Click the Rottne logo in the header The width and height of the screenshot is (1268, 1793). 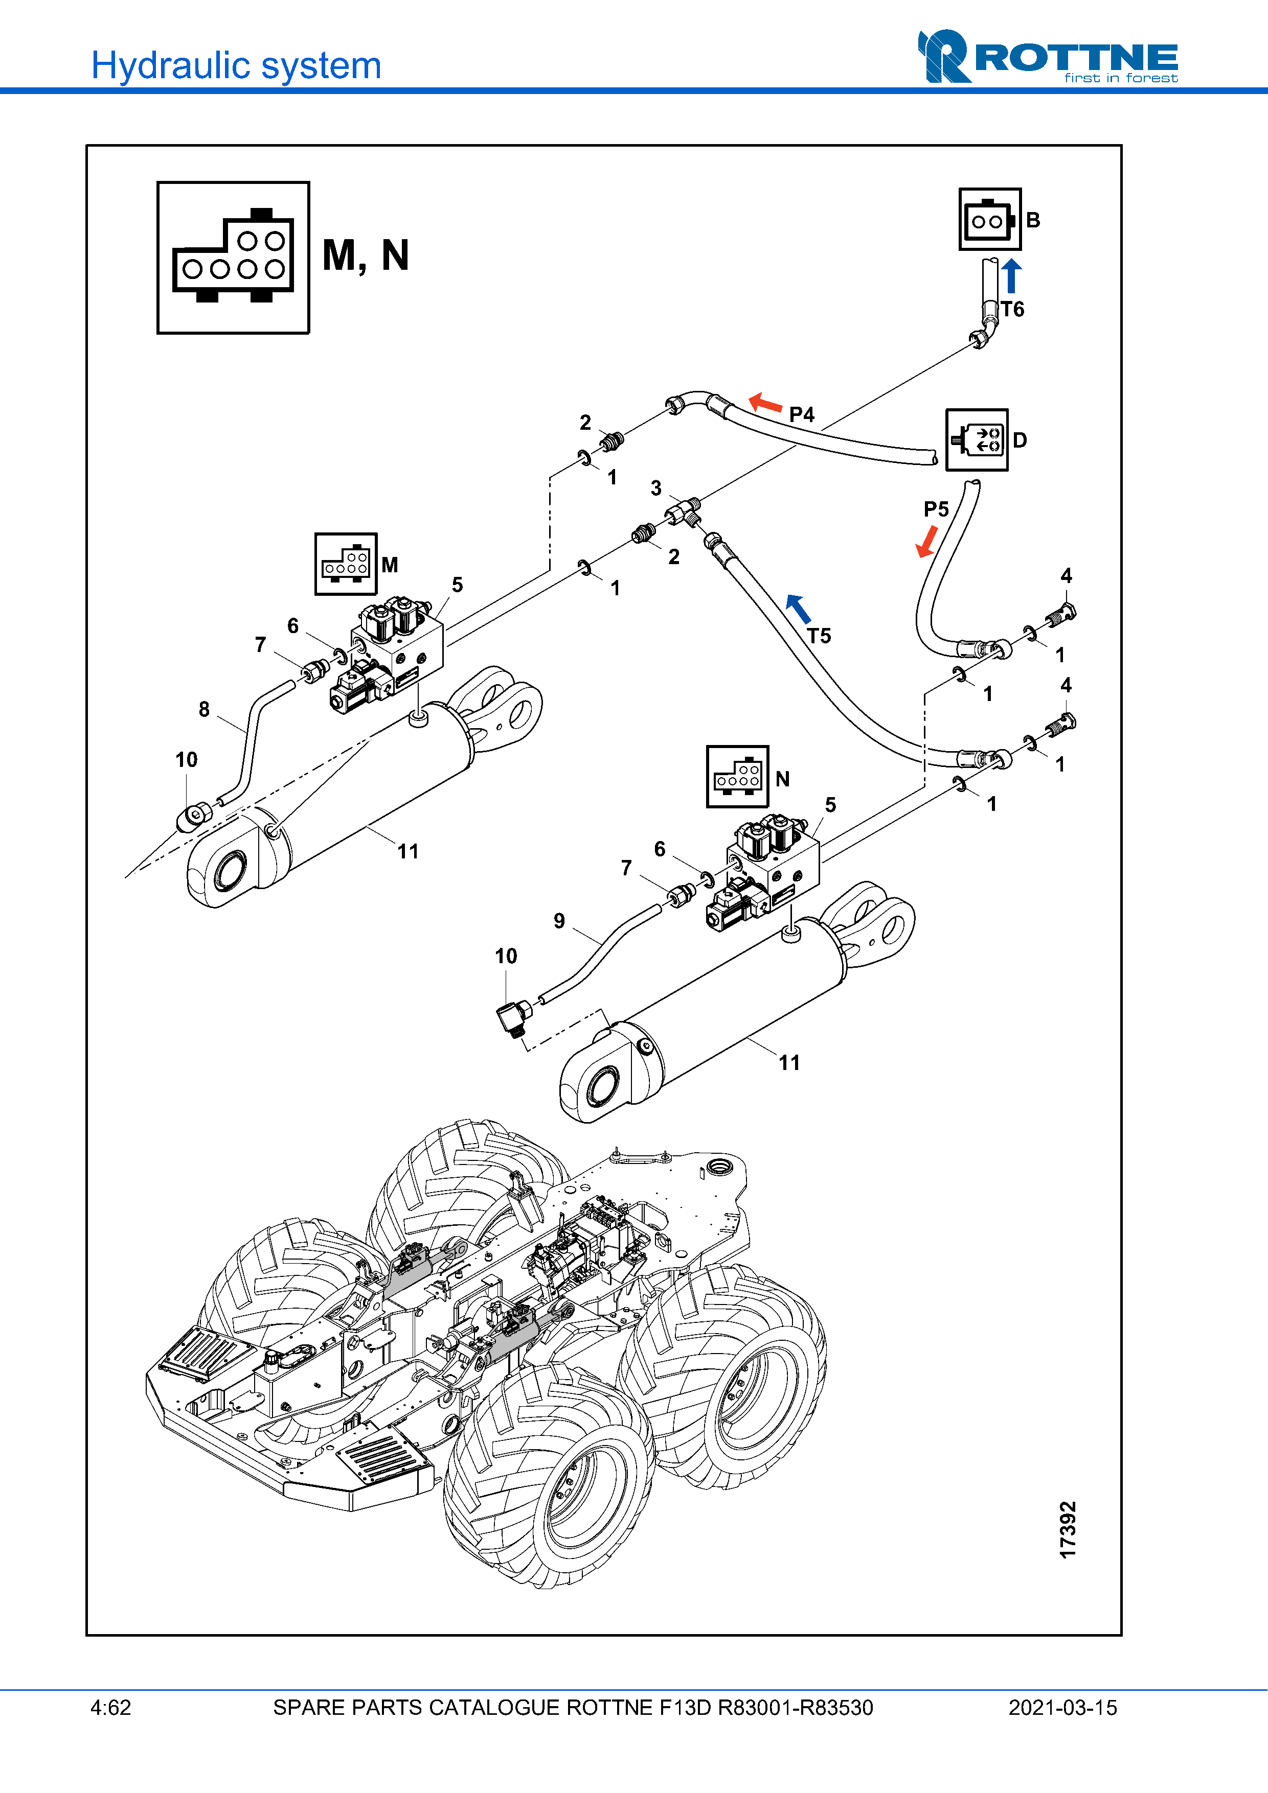[1047, 56]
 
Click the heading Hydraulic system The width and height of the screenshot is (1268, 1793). [236, 65]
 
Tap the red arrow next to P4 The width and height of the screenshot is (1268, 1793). [765, 403]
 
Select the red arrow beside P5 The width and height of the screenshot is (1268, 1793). [927, 541]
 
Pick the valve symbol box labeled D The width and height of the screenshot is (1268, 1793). [977, 439]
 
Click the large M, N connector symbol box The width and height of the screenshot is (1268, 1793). [233, 258]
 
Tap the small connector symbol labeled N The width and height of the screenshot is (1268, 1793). [737, 776]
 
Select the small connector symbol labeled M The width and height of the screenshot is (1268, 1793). [345, 564]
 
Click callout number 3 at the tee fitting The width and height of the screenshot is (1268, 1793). [656, 488]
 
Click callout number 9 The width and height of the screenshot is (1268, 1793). [559, 921]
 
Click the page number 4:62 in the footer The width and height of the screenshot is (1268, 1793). [111, 1707]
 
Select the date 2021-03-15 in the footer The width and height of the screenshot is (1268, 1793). [1062, 1707]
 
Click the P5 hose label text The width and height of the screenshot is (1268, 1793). [936, 509]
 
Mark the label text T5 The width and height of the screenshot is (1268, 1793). [819, 636]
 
